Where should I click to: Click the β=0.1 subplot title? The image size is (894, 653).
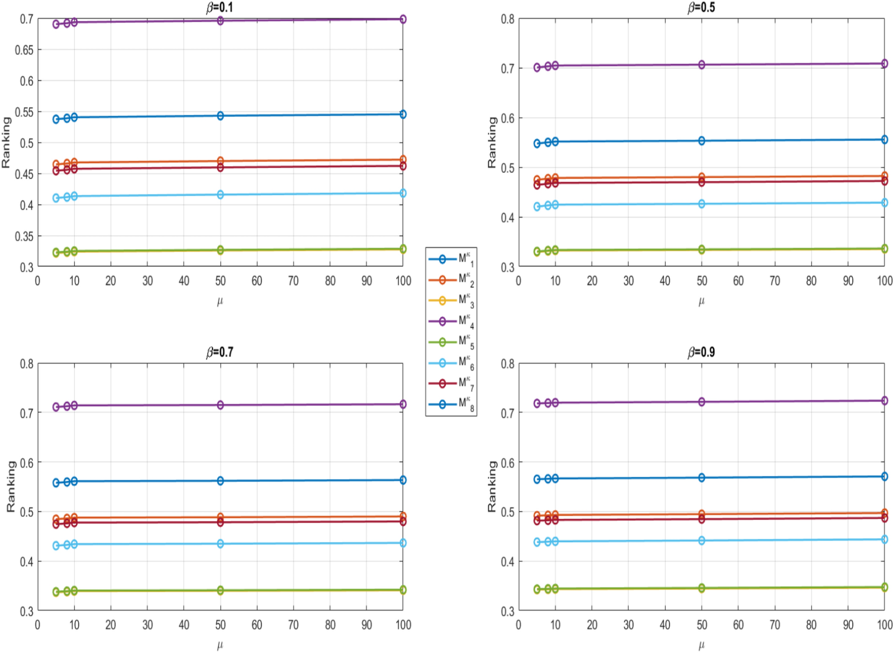tap(219, 7)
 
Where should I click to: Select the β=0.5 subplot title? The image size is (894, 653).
tap(701, 7)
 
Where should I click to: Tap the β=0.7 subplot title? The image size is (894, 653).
tap(219, 352)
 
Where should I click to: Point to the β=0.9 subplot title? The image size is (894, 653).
tap(701, 352)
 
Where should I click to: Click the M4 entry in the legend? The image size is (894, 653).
tap(451, 321)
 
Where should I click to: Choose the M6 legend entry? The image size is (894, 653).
tap(451, 363)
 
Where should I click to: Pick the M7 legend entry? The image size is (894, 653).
tap(451, 383)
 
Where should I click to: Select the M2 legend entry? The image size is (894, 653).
tap(451, 280)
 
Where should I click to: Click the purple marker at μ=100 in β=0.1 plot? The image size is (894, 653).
tap(403, 19)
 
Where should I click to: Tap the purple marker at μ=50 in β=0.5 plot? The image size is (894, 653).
tap(701, 65)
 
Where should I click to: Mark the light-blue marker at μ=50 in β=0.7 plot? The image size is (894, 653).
tap(220, 544)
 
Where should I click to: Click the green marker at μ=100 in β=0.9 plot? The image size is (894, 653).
tap(885, 587)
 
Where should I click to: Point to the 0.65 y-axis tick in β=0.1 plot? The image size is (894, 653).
tap(24, 50)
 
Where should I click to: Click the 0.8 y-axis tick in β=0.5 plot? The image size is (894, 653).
tap(508, 19)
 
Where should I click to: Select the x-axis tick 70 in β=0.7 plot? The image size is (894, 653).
tap(293, 625)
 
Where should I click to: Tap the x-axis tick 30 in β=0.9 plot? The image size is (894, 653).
tap(628, 625)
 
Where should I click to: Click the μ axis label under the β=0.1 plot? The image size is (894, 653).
tap(220, 301)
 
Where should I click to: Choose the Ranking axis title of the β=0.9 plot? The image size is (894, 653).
tap(492, 486)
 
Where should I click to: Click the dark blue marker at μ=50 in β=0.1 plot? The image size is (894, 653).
tap(220, 116)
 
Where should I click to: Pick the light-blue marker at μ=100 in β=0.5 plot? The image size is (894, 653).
tap(885, 203)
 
